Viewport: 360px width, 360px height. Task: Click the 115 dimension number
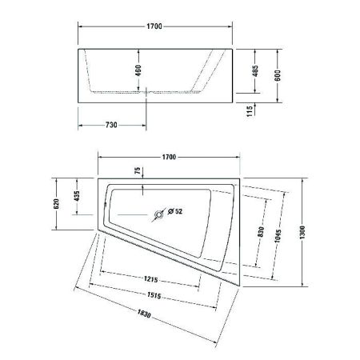pyautogui.click(x=250, y=110)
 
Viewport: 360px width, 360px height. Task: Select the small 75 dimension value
pyautogui.click(x=137, y=171)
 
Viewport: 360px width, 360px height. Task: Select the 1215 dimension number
pyautogui.click(x=146, y=279)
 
